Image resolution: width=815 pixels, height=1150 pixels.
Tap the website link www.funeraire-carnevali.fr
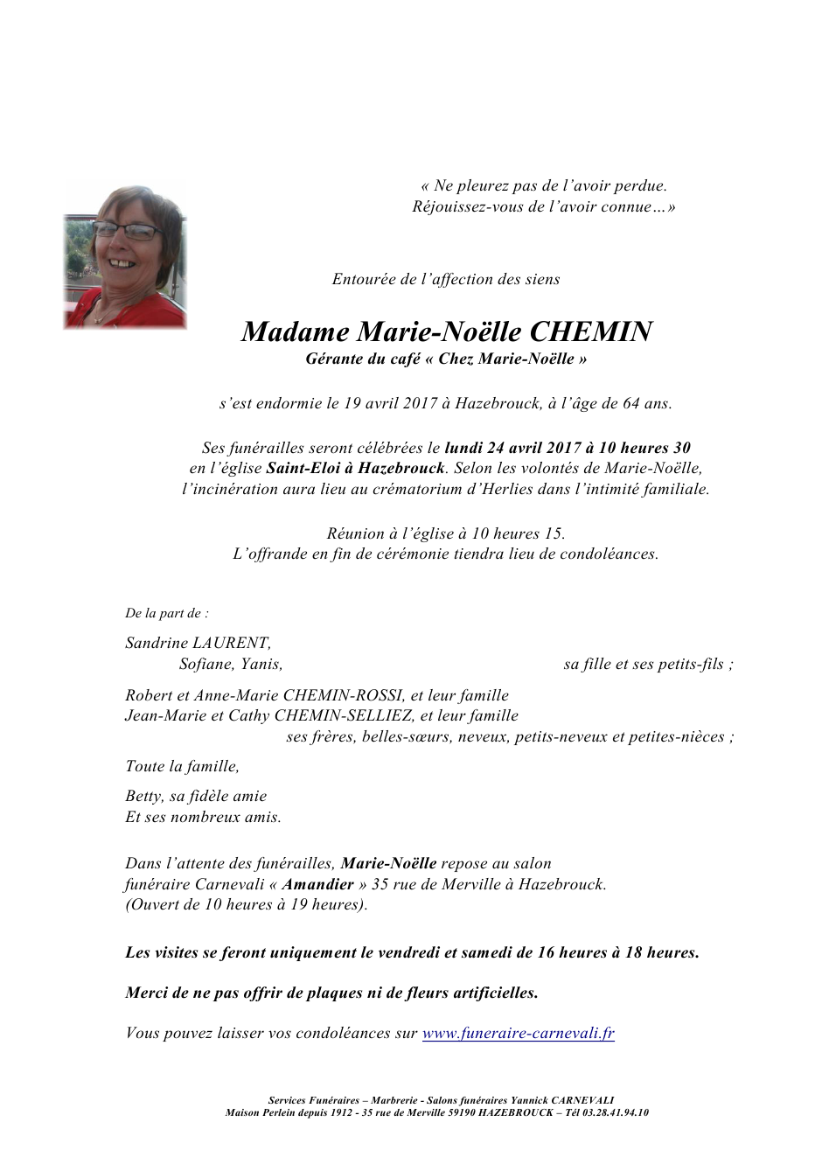(518, 1033)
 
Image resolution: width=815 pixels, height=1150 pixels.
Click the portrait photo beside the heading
(125, 255)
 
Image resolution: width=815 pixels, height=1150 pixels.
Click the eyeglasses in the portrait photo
(128, 231)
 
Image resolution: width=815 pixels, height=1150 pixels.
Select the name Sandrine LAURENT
(198, 643)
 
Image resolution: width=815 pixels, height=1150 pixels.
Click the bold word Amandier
(317, 884)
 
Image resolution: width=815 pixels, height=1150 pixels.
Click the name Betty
(143, 796)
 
